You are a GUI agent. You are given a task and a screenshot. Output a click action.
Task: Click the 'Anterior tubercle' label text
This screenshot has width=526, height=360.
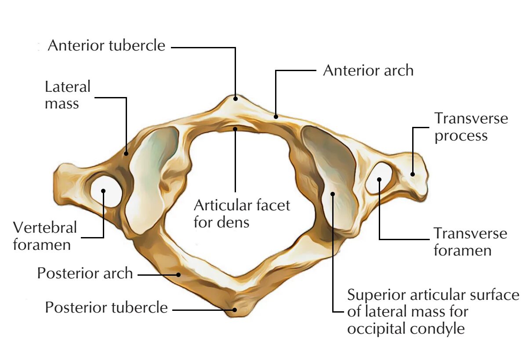coord(106,45)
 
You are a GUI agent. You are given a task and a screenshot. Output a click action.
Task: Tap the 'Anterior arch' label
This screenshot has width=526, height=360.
coord(368,70)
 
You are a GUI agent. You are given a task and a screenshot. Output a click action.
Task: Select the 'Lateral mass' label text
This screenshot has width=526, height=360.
coord(67,95)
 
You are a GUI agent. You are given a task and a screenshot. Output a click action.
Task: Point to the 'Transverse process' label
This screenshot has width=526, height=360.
coord(471,127)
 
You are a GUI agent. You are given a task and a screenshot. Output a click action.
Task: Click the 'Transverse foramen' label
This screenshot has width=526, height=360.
coord(470,241)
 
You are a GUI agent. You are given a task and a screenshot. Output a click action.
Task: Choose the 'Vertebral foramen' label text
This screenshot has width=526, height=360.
coord(45,236)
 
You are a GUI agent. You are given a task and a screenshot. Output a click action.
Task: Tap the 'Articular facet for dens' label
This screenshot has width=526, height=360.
coord(242,213)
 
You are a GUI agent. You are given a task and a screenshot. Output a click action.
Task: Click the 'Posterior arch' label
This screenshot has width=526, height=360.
coord(85,273)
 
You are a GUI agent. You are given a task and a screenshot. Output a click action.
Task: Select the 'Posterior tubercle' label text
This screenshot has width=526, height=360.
coord(106,307)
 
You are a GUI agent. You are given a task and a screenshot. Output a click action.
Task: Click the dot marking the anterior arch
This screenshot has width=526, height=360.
coord(276,116)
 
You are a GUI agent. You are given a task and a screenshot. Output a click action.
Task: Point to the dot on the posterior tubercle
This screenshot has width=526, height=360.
coord(235,310)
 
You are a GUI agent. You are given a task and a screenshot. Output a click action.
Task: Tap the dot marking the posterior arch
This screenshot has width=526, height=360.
coord(178,275)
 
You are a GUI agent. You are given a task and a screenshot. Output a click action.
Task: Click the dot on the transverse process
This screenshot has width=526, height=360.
coord(413,174)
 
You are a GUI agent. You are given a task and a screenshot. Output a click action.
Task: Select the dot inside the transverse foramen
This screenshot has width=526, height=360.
coord(379,179)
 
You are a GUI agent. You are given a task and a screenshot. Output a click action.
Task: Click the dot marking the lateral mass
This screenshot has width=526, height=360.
coord(126,153)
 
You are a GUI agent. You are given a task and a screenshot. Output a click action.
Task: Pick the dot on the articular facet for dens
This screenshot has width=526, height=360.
coord(236,129)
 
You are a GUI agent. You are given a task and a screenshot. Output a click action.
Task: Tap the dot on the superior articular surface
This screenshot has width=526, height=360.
coord(333,194)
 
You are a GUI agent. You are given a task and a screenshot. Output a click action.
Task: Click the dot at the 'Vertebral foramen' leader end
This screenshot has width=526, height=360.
coord(104,191)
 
